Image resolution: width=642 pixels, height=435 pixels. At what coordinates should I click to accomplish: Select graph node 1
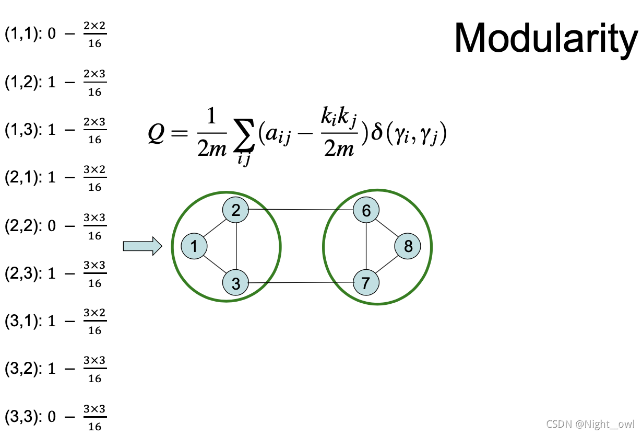pos(194,246)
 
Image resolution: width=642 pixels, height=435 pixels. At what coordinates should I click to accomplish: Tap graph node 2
pos(236,210)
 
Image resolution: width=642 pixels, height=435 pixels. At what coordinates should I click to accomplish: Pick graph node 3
pos(236,283)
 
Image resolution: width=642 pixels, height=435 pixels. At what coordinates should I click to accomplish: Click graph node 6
pos(366,210)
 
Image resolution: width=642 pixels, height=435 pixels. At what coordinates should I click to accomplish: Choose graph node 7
pos(366,282)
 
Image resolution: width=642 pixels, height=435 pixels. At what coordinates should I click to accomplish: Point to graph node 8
pos(408,246)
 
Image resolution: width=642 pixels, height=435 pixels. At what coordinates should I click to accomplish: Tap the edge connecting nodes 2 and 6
pos(301,210)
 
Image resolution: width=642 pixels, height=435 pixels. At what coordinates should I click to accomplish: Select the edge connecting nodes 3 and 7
pos(301,283)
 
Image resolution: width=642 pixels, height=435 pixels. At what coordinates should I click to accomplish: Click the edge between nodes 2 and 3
pos(236,247)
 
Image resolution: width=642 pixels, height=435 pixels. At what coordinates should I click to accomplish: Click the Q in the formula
pos(156,135)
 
